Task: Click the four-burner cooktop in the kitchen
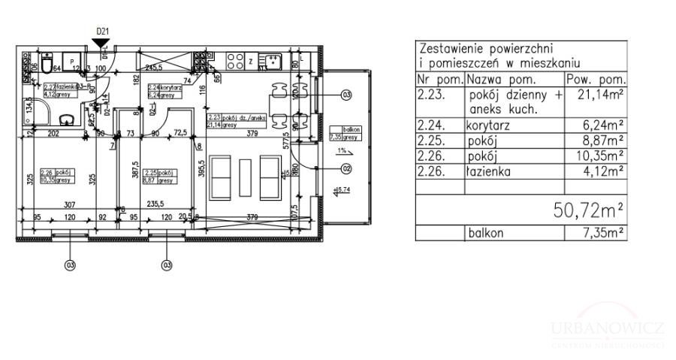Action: tap(234, 60)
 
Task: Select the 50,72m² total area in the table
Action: tap(590, 210)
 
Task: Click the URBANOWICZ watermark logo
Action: tap(608, 331)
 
